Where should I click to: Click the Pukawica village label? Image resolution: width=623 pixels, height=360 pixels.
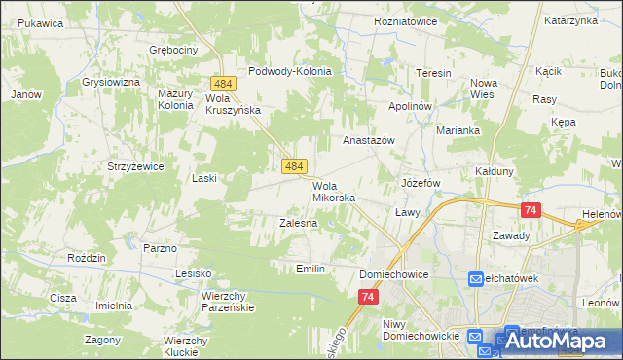40,22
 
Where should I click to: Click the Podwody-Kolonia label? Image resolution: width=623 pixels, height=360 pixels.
290,71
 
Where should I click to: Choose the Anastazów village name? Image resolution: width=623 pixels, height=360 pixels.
368,140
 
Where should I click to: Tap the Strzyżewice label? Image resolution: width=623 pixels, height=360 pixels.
135,166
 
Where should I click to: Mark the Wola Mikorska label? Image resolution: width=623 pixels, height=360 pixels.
334,191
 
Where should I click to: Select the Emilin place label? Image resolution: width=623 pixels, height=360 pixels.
310,268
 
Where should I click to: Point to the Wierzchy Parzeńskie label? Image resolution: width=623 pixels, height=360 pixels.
227,301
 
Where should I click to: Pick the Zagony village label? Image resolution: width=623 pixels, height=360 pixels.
102,341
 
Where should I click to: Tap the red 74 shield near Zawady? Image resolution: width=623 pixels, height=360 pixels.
531,209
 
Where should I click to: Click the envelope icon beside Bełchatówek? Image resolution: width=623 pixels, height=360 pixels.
476,279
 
